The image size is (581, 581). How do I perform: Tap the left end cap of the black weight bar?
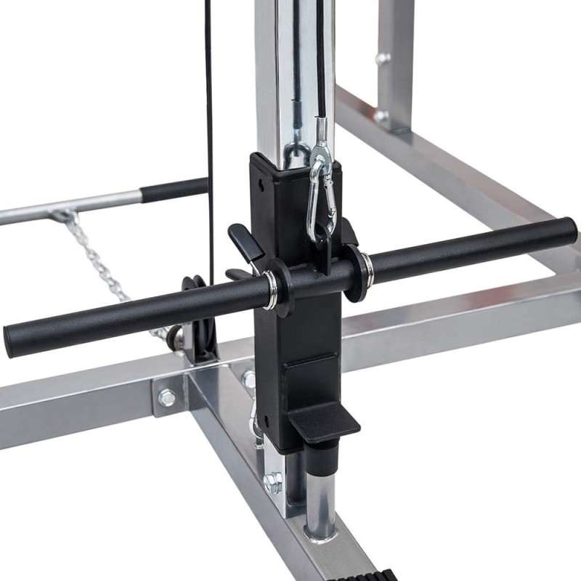tap(13, 335)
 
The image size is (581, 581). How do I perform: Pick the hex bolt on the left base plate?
tap(167, 397)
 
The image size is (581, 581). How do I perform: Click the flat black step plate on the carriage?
tap(327, 421)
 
